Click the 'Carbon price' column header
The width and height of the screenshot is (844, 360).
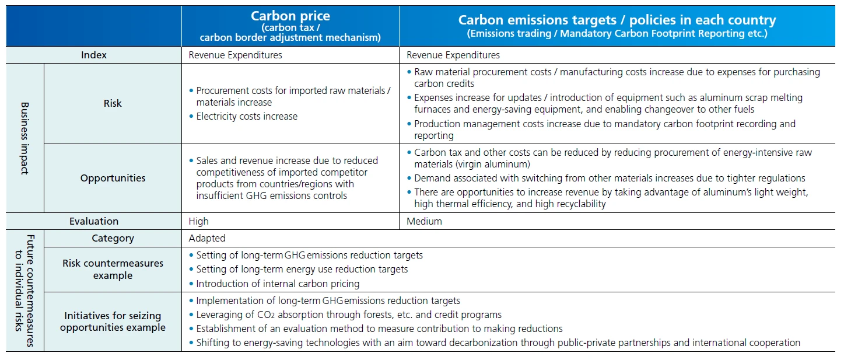click(290, 16)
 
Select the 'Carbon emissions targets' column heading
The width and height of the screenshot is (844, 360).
click(617, 20)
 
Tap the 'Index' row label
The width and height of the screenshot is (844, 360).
click(94, 55)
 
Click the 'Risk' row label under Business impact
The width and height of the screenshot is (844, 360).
click(113, 103)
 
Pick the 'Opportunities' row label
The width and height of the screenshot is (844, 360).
click(113, 178)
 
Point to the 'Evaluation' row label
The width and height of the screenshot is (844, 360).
click(94, 221)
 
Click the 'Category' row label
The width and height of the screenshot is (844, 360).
click(113, 238)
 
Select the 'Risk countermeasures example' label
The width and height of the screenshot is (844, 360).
click(113, 269)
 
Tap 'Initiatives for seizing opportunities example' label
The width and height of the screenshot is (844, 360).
click(113, 321)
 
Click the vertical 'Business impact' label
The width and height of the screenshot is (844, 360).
click(25, 138)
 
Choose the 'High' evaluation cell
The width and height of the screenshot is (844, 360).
click(198, 221)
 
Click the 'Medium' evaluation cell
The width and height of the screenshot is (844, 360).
click(424, 221)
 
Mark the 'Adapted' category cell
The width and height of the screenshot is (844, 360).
click(207, 238)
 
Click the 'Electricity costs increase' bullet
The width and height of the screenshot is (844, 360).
click(247, 116)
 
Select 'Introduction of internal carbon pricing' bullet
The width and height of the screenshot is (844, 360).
click(278, 284)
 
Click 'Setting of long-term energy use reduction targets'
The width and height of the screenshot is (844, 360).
click(302, 269)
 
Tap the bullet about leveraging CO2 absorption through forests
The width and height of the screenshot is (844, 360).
click(348, 314)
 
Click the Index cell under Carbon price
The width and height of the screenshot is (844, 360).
click(235, 55)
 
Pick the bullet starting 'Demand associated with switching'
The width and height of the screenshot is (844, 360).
click(610, 178)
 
